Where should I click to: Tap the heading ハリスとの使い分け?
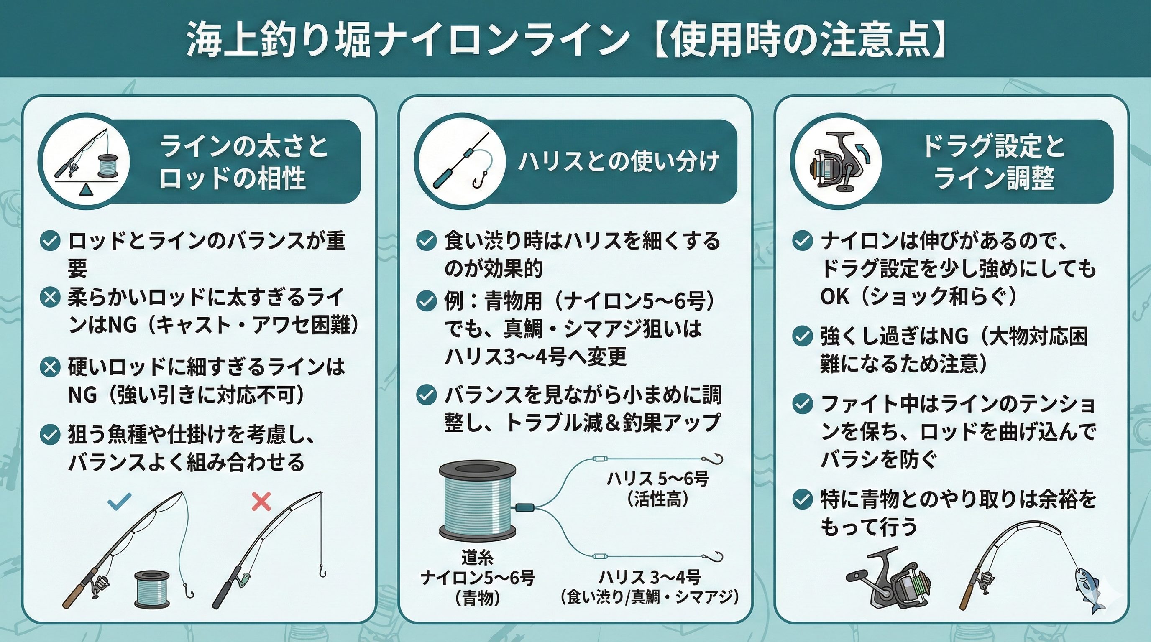pos(619,161)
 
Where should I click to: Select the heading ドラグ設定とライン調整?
pos(994,161)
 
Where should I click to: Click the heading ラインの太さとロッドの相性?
pos(243,161)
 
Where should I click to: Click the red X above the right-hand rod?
pos(261,502)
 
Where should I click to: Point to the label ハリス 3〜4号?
pos(650,577)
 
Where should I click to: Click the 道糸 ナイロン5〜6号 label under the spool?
pos(478,577)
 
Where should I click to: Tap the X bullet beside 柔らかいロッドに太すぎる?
pos(50,297)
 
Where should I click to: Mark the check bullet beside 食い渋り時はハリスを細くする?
pos(426,241)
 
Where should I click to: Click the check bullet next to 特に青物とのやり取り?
pos(803,499)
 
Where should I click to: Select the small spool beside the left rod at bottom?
pos(152,589)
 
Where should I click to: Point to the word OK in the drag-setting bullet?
pos(835,297)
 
